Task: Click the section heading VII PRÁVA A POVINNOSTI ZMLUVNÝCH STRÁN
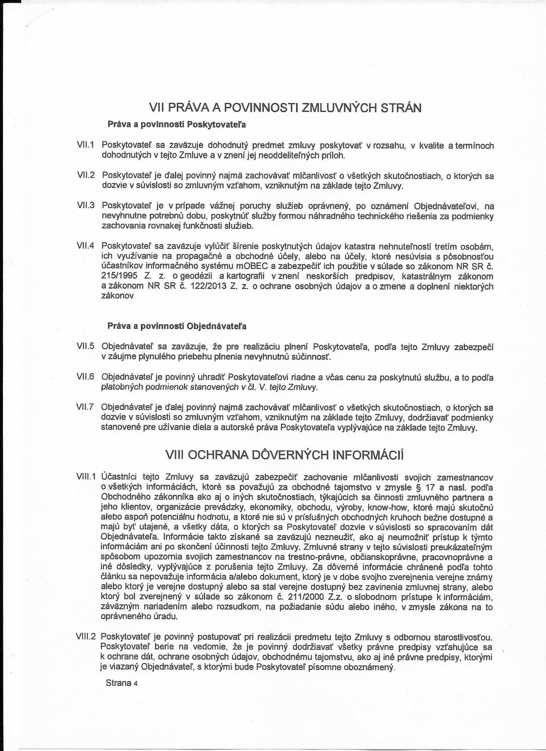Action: [285, 108]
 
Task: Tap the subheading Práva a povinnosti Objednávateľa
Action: [177, 326]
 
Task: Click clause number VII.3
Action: [86, 205]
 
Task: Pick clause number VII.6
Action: [86, 376]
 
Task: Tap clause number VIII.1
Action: [86, 477]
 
